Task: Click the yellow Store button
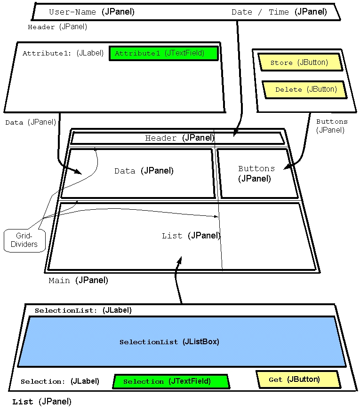pyautogui.click(x=299, y=62)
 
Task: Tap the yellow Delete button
pyautogui.click(x=304, y=89)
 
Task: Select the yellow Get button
pyautogui.click(x=297, y=379)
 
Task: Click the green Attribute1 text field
pyautogui.click(x=164, y=53)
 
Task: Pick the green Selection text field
pyautogui.click(x=170, y=381)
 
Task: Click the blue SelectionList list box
pyautogui.click(x=182, y=342)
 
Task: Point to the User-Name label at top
pyautogui.click(x=91, y=12)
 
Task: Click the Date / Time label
pyautogui.click(x=279, y=12)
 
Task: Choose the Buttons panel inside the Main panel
pyautogui.click(x=256, y=173)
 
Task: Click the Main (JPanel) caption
pyautogui.click(x=78, y=280)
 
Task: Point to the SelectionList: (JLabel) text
pyautogui.click(x=83, y=310)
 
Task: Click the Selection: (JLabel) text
pyautogui.click(x=60, y=381)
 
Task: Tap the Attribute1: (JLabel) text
pyautogui.click(x=63, y=53)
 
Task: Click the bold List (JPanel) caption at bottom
pyautogui.click(x=42, y=402)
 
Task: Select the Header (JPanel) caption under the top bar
pyautogui.click(x=57, y=27)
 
